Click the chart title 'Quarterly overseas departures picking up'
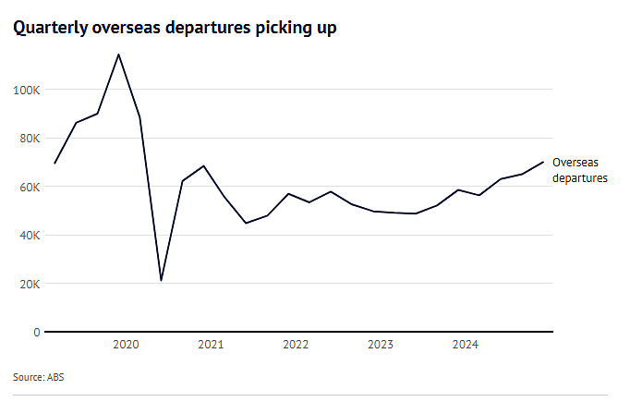(x=175, y=28)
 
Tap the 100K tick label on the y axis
(x=27, y=90)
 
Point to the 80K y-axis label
(x=30, y=139)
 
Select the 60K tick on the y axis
(x=30, y=188)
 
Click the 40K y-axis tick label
(x=30, y=236)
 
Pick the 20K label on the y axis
(x=30, y=285)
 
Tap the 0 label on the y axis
(x=37, y=333)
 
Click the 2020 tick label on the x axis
(x=126, y=345)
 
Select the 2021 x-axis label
(x=211, y=345)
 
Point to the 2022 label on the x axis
(x=296, y=345)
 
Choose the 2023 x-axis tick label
(x=381, y=345)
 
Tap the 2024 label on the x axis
(x=466, y=345)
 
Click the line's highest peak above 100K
(x=118, y=55)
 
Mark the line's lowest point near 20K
(x=161, y=280)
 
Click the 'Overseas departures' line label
(x=580, y=170)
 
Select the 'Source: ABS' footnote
(x=39, y=377)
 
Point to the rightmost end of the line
(x=543, y=162)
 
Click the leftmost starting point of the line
(x=55, y=164)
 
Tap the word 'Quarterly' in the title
(x=50, y=28)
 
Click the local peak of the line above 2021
(x=204, y=165)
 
